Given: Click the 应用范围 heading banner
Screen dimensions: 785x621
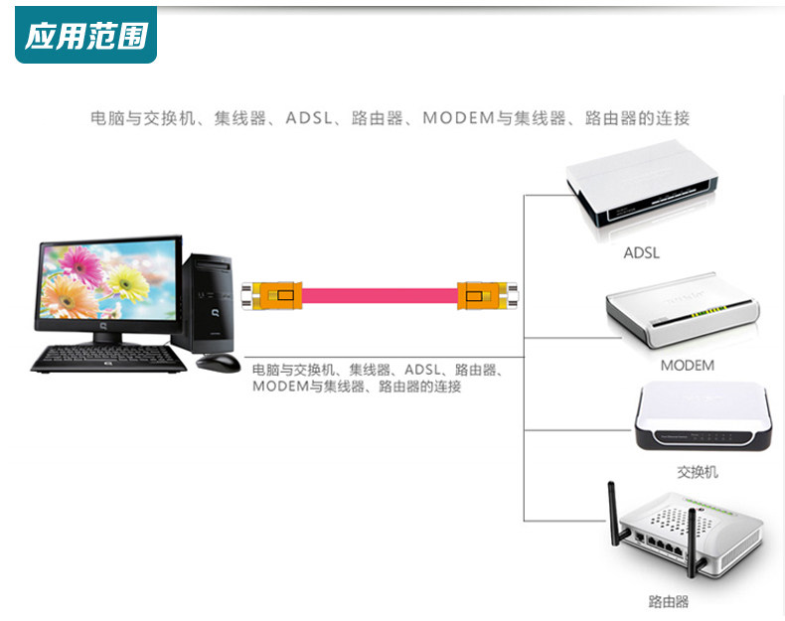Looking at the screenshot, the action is click(x=85, y=37).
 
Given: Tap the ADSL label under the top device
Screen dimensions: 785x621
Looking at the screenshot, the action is click(x=641, y=252).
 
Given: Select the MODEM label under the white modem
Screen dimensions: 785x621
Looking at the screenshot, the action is click(x=687, y=365).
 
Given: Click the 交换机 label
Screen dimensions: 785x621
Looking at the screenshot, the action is click(x=697, y=472).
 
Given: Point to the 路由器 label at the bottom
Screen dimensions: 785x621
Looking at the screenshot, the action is click(x=668, y=601).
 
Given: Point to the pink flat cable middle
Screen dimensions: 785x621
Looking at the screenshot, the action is click(x=379, y=295).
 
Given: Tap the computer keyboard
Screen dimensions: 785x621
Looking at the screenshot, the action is click(x=108, y=358).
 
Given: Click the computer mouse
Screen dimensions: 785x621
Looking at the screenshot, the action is click(x=219, y=362).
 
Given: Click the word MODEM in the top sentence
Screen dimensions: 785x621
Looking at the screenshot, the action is click(x=458, y=118).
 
